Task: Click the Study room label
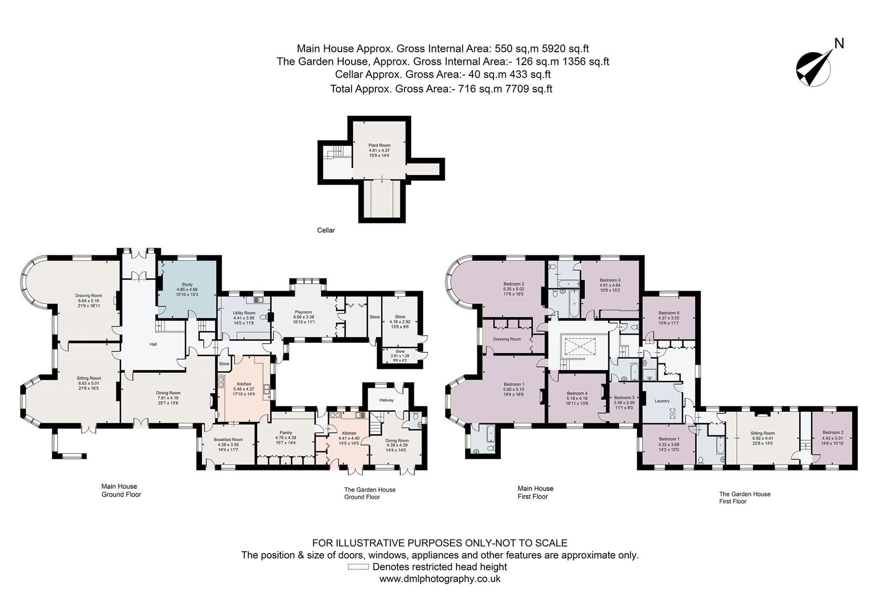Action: point(187,285)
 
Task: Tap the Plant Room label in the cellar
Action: point(379,145)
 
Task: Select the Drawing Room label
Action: point(89,296)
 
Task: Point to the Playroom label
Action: point(303,312)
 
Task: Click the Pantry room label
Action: point(286,432)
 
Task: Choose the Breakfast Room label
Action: point(228,439)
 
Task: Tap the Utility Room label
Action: point(244,313)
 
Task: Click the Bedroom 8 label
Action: point(669,313)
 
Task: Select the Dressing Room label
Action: point(507,339)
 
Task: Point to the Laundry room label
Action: point(662,401)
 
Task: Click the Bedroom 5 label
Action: point(624,398)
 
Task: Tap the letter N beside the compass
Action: point(839,43)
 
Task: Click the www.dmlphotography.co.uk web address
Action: point(440,579)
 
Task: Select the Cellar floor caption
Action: point(326,230)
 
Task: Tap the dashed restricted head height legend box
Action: point(358,567)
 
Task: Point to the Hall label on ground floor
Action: point(153,344)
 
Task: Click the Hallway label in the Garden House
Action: point(386,400)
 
